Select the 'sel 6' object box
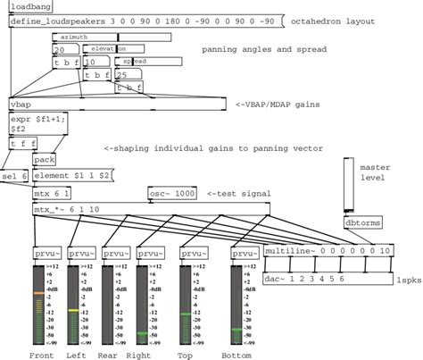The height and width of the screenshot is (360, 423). [x=15, y=176]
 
